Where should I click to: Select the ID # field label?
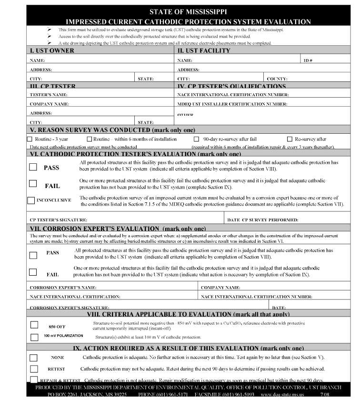point(308,60)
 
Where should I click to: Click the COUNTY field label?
point(277,79)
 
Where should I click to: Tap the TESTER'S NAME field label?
point(49,95)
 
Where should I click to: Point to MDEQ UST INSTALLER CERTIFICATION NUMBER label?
point(232,104)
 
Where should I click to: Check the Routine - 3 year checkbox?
point(30,139)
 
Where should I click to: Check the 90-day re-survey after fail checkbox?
point(196,139)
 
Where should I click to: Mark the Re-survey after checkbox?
point(290,139)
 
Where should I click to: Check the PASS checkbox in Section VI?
point(33,167)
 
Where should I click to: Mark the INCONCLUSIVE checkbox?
point(31,200)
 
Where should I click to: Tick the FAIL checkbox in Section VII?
point(33,273)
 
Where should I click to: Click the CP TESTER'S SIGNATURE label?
point(58,220)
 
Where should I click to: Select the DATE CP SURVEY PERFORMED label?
point(262,220)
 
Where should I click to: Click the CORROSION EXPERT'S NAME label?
point(63,288)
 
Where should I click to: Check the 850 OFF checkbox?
point(34,325)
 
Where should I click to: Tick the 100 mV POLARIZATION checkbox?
point(34,338)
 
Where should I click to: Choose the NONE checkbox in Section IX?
point(33,357)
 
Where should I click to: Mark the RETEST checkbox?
point(33,369)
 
